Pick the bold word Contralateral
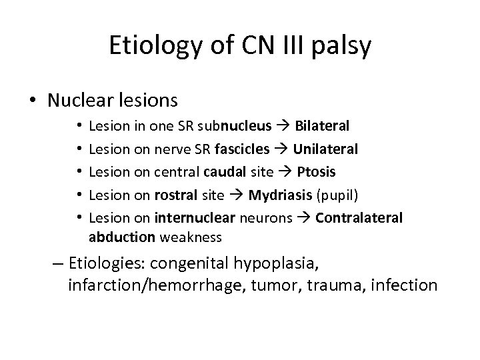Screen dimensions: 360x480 pos(359,217)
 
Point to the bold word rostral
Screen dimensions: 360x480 pos(175,194)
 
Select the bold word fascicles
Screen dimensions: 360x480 pos(248,148)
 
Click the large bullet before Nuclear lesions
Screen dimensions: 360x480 pos(31,101)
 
